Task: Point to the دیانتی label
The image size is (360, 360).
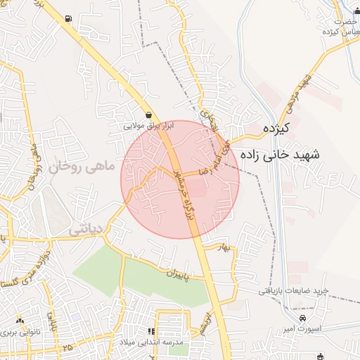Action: point(86,229)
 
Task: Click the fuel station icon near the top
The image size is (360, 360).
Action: point(67,18)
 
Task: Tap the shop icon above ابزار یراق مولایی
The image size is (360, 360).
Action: point(148,115)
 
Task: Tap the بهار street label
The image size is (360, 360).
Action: point(224,247)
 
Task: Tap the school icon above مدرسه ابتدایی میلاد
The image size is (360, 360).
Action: point(150,331)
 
